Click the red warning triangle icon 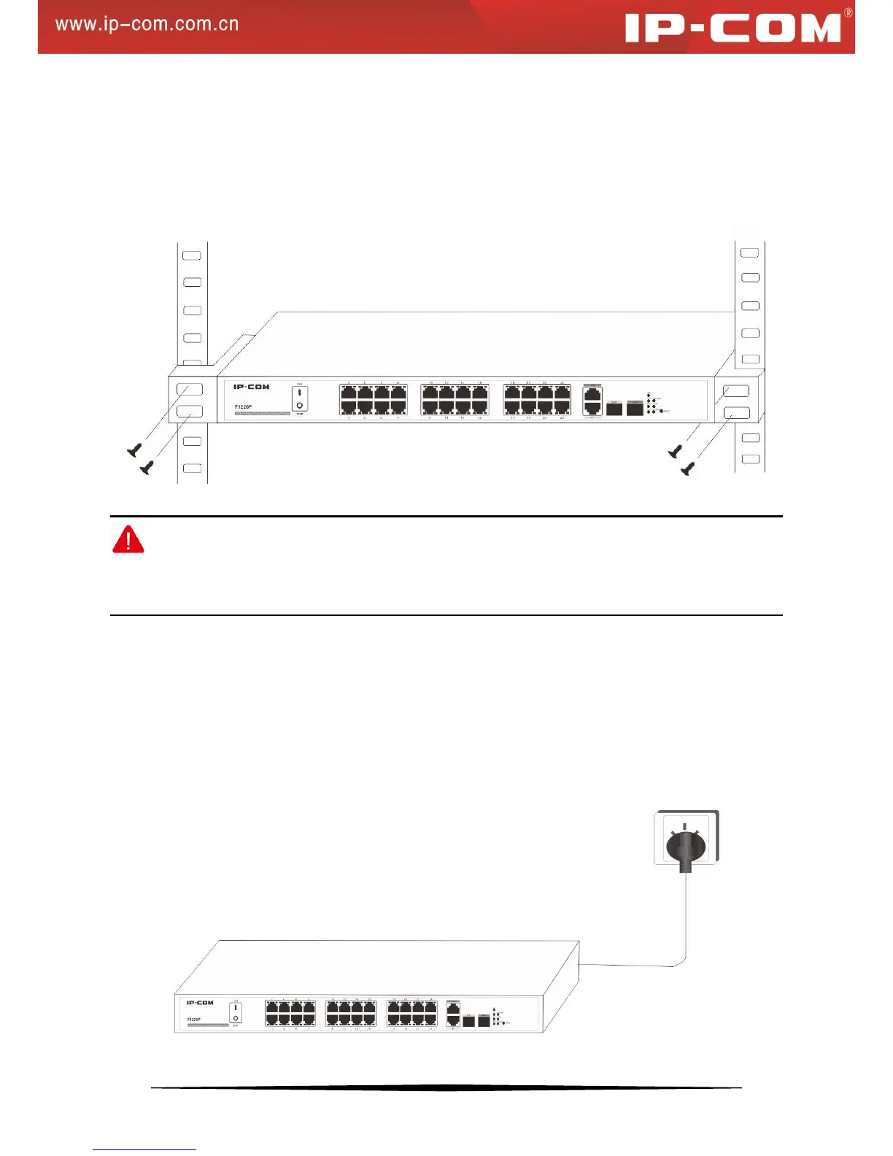128,539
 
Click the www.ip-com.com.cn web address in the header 147,24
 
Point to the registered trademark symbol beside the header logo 848,12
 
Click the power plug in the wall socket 685,849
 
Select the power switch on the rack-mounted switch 300,398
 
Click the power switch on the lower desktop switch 236,1012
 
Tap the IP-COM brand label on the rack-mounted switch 251,387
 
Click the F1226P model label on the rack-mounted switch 243,406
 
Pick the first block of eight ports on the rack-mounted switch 373,399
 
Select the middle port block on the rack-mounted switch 455,399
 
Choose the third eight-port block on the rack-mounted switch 537,399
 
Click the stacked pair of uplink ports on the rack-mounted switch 592,401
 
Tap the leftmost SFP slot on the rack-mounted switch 614,408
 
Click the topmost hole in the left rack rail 191,255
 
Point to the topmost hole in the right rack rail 749,253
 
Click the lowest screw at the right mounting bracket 687,469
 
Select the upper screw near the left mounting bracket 134,451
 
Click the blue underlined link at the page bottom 144,1149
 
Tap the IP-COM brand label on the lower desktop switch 200,1003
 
